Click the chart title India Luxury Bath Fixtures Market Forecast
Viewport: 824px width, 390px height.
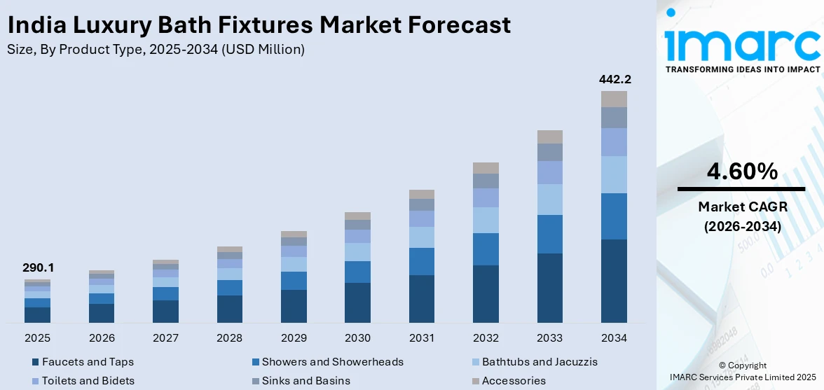pyautogui.click(x=259, y=25)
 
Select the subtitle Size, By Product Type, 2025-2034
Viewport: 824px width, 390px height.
pyautogui.click(x=156, y=49)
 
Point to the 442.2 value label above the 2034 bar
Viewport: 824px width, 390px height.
pyautogui.click(x=614, y=79)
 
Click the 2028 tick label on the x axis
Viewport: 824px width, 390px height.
pyautogui.click(x=230, y=338)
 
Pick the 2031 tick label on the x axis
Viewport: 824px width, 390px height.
pyautogui.click(x=422, y=338)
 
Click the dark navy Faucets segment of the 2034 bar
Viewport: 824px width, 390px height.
pyautogui.click(x=614, y=281)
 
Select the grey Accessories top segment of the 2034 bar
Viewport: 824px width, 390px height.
pyautogui.click(x=614, y=99)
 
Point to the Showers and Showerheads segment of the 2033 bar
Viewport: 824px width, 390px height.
pyautogui.click(x=550, y=234)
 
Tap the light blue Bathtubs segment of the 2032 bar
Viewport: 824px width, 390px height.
pyautogui.click(x=486, y=220)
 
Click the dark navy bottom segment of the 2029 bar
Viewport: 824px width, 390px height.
pyautogui.click(x=294, y=306)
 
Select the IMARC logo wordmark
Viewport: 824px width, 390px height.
pyautogui.click(x=742, y=43)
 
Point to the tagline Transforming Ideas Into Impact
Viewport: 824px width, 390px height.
pyautogui.click(x=742, y=69)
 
